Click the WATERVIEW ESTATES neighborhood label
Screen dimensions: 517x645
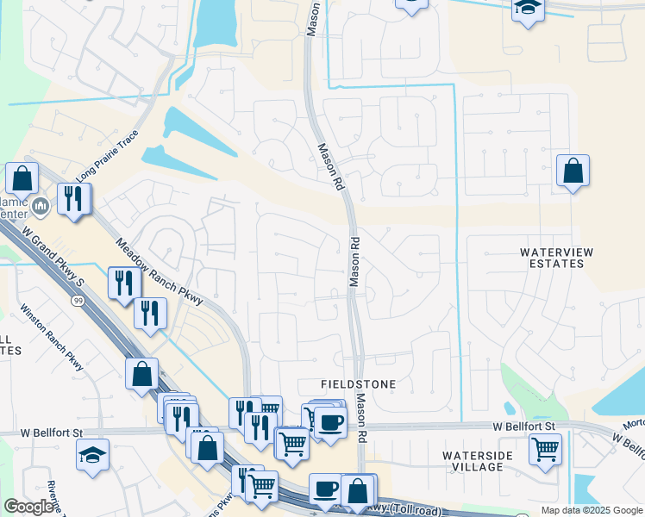[552, 257]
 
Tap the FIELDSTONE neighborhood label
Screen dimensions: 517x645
[360, 383]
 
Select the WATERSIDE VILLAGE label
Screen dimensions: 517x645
[478, 461]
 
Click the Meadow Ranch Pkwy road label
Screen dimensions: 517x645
[158, 271]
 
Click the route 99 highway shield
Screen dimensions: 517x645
[78, 301]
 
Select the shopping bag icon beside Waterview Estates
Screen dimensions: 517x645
[573, 171]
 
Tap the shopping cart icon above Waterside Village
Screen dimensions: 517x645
[545, 447]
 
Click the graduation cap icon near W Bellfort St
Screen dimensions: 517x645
[93, 454]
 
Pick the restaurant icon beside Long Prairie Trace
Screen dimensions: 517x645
[73, 198]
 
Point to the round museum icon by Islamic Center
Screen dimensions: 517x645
[41, 207]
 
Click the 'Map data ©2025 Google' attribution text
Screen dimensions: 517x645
[591, 510]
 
